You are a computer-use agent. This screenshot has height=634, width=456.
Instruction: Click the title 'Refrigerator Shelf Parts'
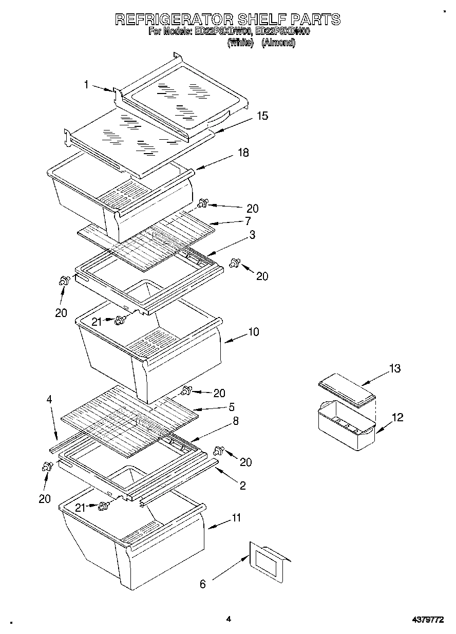pos(227,20)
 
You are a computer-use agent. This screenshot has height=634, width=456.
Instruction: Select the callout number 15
pos(262,116)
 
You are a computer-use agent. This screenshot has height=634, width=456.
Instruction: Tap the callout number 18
pos(243,153)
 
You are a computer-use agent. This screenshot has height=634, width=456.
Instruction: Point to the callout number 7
pos(248,221)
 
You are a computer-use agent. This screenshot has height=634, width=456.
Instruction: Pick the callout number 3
pos(253,234)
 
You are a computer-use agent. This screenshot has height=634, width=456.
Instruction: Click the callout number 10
pos(254,332)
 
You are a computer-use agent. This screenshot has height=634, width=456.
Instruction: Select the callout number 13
pos(394,368)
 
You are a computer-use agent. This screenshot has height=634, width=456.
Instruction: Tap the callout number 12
pos(397,417)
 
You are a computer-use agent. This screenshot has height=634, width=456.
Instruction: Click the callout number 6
pos(202,584)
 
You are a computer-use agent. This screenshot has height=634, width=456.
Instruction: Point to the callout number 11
pos(236,518)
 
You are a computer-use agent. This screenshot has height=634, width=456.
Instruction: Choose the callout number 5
pos(232,407)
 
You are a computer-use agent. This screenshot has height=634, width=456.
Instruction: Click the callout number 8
pos(235,420)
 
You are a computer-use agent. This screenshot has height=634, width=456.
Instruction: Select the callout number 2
pos(242,486)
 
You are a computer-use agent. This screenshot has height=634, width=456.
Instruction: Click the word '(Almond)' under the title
pos(278,43)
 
